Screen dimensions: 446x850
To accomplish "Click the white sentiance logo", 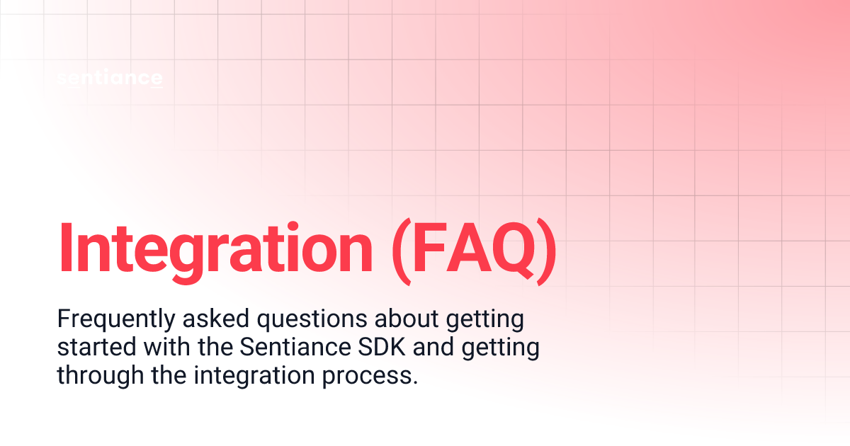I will [110, 79].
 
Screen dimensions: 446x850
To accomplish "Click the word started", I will [88, 348].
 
